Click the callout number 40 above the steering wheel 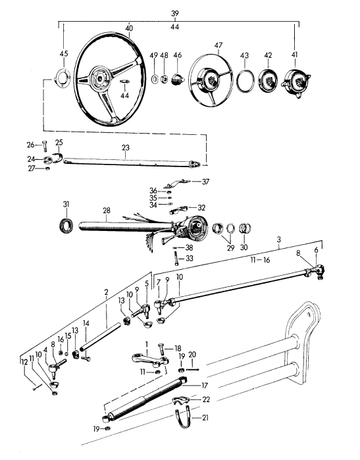(x=129, y=28)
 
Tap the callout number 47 (x=219, y=45)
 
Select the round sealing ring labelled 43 (x=245, y=81)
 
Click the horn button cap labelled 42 (x=267, y=80)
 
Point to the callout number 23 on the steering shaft (x=125, y=147)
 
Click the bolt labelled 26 (x=45, y=146)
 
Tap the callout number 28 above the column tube (x=107, y=211)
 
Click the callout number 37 (x=205, y=182)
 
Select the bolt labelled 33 (x=176, y=259)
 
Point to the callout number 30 (x=244, y=247)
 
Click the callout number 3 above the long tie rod (x=278, y=240)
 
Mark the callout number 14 (x=86, y=323)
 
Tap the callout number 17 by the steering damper (x=205, y=385)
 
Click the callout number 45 (x=64, y=54)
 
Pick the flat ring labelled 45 (x=62, y=79)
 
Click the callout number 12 (x=24, y=362)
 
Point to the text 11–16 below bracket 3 (x=260, y=260)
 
